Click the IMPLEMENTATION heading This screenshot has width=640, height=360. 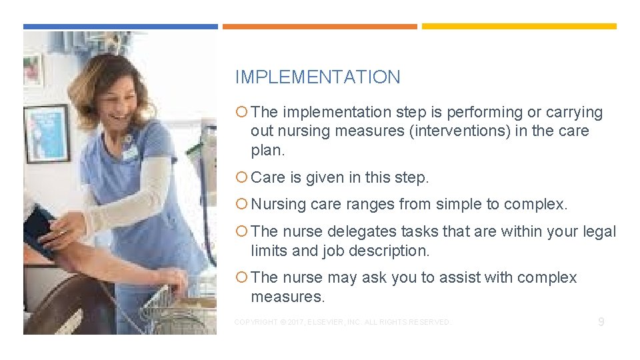point(317,77)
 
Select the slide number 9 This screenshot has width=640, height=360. point(601,322)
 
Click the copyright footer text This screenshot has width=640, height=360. point(342,323)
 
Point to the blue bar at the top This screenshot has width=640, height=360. point(120,27)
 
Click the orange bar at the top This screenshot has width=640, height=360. point(319,27)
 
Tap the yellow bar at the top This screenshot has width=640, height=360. point(519,27)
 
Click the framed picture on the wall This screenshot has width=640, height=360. point(47,133)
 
